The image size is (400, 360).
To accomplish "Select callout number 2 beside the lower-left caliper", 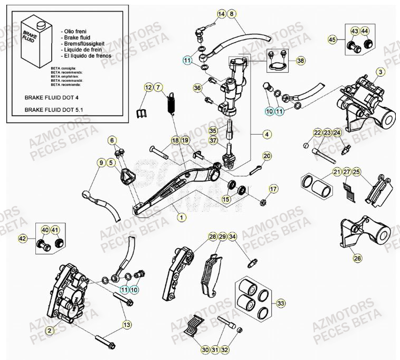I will (x=49, y=330).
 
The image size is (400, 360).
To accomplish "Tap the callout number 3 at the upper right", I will (x=380, y=71).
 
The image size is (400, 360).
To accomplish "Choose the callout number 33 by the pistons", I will (x=281, y=303).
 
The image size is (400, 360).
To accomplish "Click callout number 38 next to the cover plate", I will (x=301, y=61).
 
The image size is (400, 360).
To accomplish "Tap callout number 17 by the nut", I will (x=273, y=188).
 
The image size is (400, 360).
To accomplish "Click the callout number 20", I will (x=267, y=156).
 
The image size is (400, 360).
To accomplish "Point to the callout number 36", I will (x=197, y=88).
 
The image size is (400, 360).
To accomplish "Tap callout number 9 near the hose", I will (x=100, y=164).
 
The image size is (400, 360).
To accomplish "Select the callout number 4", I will (x=267, y=135).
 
